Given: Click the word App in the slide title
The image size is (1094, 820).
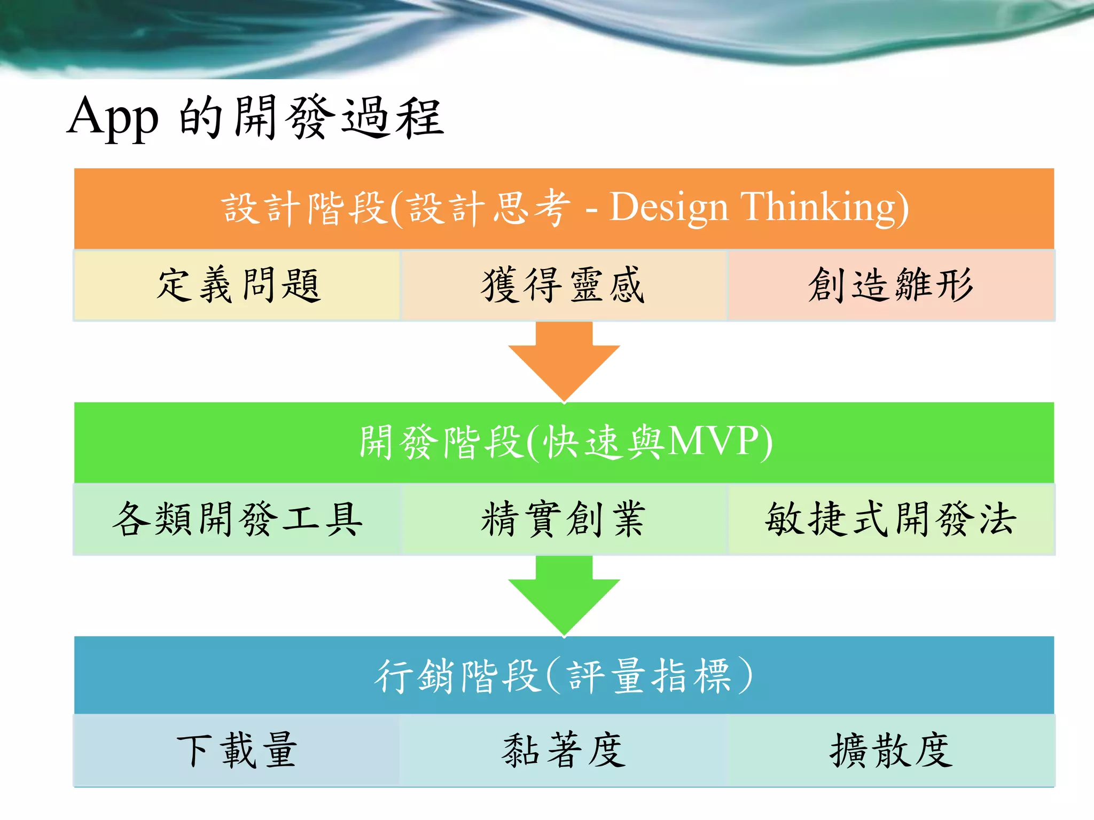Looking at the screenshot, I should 113,118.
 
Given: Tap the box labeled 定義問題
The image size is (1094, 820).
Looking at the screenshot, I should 237,285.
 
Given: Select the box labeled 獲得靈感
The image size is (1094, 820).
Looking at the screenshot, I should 564,285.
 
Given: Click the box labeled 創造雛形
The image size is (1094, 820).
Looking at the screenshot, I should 891,285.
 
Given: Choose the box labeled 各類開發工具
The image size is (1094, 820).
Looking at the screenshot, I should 237,519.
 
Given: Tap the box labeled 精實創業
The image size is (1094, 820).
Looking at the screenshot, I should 564,519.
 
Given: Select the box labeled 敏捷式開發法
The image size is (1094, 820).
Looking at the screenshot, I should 891,519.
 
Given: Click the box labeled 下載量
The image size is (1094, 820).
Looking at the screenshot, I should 237,750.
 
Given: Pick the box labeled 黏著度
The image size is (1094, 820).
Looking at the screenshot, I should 564,750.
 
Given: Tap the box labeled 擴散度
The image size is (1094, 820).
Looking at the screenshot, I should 891,750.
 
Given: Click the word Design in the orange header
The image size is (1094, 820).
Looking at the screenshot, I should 669,207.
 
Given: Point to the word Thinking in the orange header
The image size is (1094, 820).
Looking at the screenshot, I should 817,207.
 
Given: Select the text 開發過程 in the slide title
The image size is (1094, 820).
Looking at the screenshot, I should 339,118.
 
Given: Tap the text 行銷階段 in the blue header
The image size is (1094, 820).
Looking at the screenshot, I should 457,676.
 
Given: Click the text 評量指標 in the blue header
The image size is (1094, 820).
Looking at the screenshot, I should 649,676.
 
